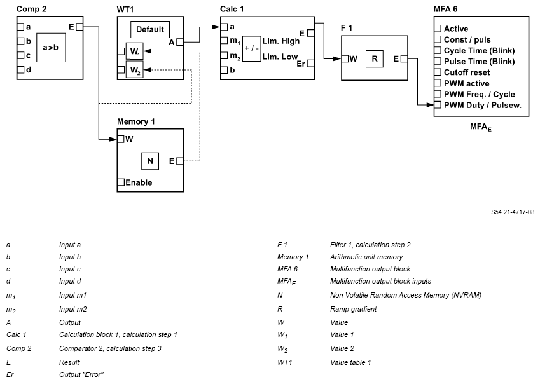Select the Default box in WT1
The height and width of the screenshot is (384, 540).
pos(149,29)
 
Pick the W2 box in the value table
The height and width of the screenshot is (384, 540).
pos(134,70)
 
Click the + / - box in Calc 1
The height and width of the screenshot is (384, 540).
pos(251,48)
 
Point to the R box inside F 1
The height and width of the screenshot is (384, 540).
pos(375,58)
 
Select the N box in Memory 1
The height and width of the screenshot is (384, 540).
pos(150,161)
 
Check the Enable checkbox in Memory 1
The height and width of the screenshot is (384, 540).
pos(121,182)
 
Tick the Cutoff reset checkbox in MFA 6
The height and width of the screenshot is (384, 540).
pos(438,72)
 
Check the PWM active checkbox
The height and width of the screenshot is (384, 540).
pos(438,83)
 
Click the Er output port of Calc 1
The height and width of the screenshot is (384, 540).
pos(310,64)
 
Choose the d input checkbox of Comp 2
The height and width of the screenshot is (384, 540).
pos(21,69)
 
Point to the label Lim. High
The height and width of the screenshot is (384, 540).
pos(280,41)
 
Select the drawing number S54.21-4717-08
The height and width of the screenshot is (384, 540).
pos(512,212)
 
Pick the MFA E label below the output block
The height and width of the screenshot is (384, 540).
pos(481,128)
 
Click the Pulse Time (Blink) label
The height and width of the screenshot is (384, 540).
pos(479,62)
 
